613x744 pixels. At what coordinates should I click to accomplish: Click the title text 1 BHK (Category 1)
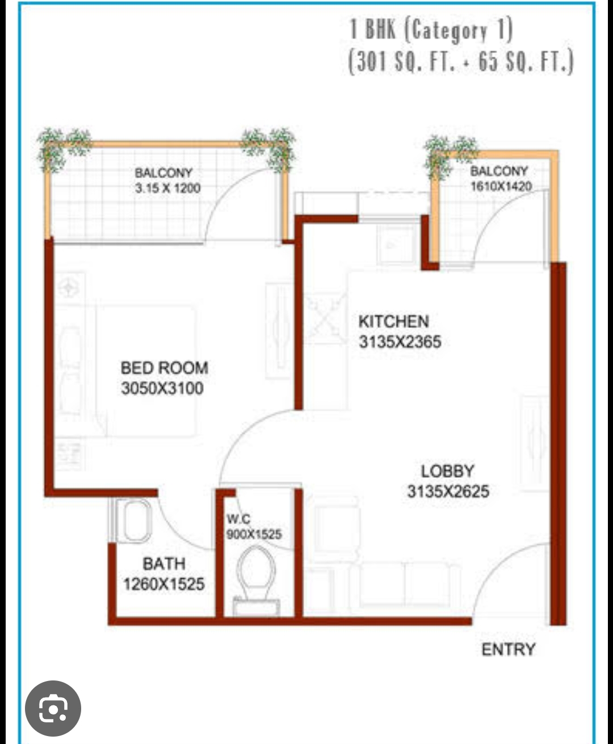[x=431, y=30]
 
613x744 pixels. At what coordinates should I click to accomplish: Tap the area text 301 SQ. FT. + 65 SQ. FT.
[x=460, y=61]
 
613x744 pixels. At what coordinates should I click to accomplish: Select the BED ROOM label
[x=164, y=368]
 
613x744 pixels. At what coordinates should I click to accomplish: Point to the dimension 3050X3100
[x=162, y=389]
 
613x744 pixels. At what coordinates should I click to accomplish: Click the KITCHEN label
[x=393, y=321]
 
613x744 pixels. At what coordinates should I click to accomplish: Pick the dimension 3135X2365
[x=400, y=342]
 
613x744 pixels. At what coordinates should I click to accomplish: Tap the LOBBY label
[x=447, y=471]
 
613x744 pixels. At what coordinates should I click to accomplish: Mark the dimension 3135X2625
[x=448, y=491]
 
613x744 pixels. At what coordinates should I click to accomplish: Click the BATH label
[x=163, y=564]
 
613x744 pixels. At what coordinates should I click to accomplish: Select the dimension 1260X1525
[x=163, y=584]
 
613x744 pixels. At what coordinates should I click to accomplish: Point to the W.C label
[x=238, y=519]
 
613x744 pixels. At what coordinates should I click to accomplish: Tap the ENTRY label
[x=508, y=649]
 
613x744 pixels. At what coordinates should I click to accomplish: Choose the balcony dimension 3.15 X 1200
[x=167, y=188]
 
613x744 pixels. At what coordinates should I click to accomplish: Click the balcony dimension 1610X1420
[x=501, y=186]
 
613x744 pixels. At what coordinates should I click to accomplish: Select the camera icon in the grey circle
[x=53, y=708]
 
